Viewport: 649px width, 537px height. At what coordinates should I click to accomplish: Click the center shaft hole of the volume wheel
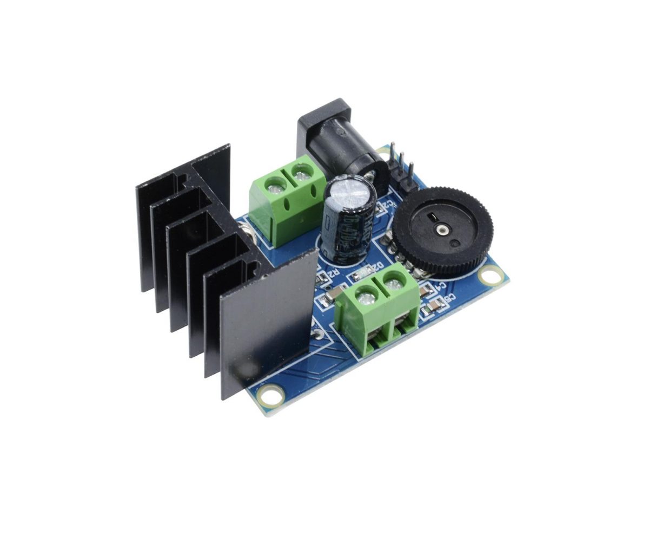[x=443, y=231]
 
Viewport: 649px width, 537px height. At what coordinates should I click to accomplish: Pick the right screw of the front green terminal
[x=394, y=283]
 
